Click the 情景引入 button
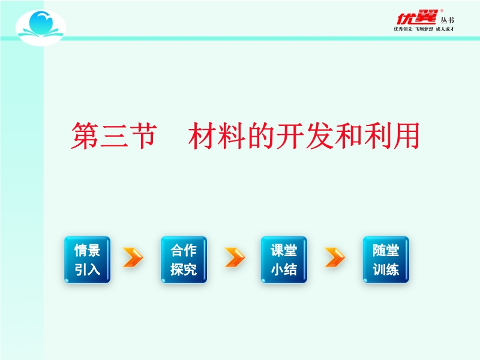(x=87, y=260)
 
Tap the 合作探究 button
(x=184, y=260)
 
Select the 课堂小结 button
(x=284, y=260)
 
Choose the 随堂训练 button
(x=386, y=260)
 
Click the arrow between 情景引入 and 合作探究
(x=133, y=257)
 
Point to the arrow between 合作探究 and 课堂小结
(x=235, y=257)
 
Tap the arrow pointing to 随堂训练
(x=335, y=257)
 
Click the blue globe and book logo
(x=41, y=28)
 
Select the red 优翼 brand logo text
(x=417, y=17)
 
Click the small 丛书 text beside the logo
(x=447, y=20)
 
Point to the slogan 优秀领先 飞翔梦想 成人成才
(x=424, y=29)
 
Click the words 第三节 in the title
(x=114, y=136)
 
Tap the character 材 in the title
(x=203, y=136)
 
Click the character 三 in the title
(x=114, y=136)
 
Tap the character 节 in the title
(x=143, y=136)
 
